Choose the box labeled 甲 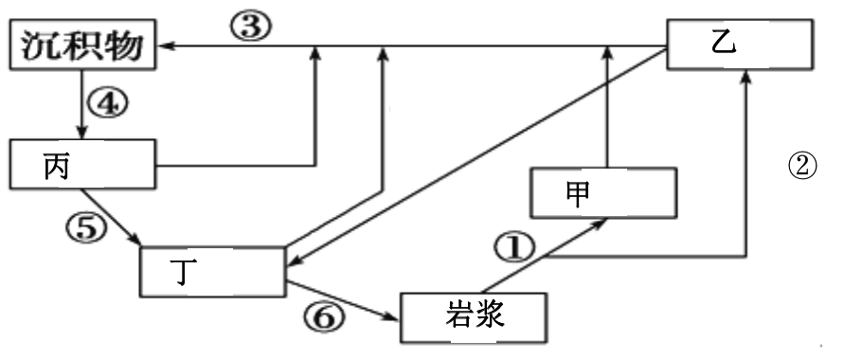(x=603, y=192)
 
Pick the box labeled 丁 (x=211, y=270)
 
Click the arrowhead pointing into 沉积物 (x=163, y=45)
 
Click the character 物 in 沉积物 (x=129, y=45)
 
